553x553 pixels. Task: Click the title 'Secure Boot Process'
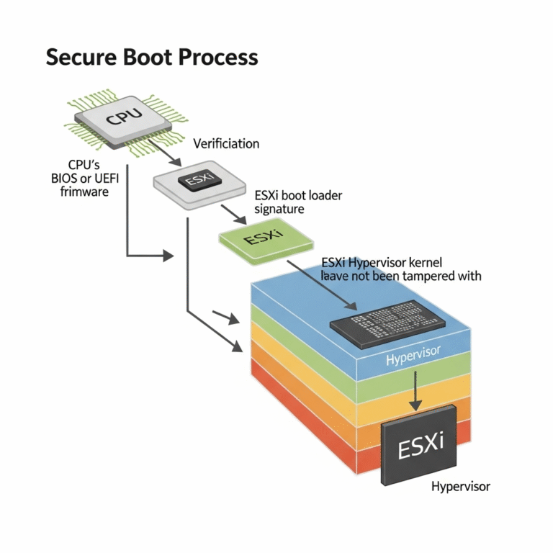pos(151,58)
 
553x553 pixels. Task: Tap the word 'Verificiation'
pos(226,144)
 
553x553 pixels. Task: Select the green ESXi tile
pos(258,237)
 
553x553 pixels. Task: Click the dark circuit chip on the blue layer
pos(385,319)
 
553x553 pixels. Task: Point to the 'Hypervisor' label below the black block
pos(461,486)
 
